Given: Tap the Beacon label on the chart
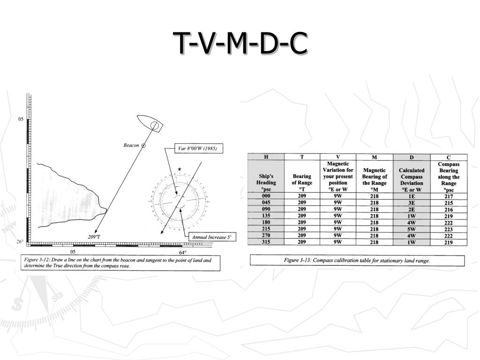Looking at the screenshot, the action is pos(131,145).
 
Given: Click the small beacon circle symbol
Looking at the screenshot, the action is pos(143,145).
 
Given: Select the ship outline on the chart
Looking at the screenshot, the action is pos(150,123).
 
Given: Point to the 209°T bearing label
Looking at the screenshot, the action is pos(94,237).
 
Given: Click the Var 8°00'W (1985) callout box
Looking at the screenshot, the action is pos(198,149).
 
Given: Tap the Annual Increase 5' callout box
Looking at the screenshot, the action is pos(212,237).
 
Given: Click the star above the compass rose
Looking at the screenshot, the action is pos(180,169).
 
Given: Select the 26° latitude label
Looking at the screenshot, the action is pos(20,241).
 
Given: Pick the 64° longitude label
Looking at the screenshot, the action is pos(182,252).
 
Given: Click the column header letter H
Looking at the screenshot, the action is pos(266,157).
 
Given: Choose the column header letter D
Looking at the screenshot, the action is pos(412,157).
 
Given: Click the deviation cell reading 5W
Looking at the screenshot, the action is pos(412,229).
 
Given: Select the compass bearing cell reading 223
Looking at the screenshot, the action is pos(449,229).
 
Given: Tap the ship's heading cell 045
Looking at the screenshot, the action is pos(266,202).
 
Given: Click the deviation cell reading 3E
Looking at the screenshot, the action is pos(412,202).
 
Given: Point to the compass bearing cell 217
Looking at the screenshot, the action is pos(449,196).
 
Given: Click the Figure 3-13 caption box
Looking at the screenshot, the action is pos(357,260).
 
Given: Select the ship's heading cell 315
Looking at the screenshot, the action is pos(266,242).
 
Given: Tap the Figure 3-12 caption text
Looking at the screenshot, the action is pos(118,262).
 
